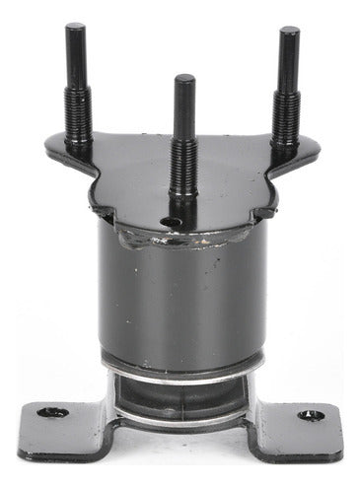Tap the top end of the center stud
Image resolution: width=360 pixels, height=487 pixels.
click(x=184, y=79)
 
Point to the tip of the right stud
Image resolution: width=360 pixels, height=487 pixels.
click(x=288, y=32)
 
